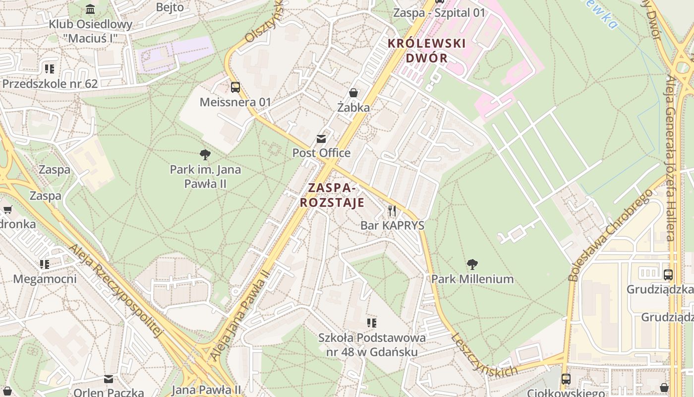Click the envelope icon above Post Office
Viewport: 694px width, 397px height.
click(321, 138)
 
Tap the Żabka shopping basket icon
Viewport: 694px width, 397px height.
click(353, 93)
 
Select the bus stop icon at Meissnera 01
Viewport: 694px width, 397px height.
click(235, 87)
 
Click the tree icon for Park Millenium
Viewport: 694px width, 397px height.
click(472, 265)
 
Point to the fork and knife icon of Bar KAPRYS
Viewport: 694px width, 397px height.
click(392, 211)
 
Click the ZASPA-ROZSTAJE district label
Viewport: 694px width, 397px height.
click(332, 195)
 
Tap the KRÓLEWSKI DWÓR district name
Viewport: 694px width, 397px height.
click(426, 51)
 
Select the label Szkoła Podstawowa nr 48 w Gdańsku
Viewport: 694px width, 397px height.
click(372, 345)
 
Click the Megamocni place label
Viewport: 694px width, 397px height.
click(45, 279)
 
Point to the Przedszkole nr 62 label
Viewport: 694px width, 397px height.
click(50, 83)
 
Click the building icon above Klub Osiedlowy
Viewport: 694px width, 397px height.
click(90, 9)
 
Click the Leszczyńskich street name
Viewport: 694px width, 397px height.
click(484, 355)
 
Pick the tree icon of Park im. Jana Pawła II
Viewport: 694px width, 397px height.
click(205, 155)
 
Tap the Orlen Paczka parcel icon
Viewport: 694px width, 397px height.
click(109, 379)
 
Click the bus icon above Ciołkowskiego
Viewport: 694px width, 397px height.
click(566, 379)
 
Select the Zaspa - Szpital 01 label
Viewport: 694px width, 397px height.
click(439, 12)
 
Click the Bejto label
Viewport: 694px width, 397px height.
click(170, 7)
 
